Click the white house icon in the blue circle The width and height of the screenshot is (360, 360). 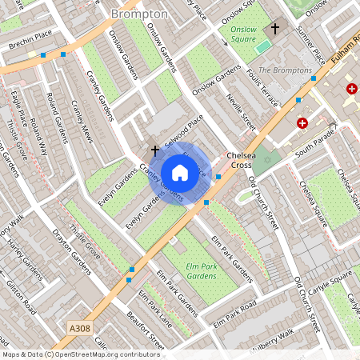180,173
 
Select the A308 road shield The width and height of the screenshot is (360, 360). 80,328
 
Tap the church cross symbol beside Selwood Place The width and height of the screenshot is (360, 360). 154,150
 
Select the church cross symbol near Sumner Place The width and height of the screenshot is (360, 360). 275,29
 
